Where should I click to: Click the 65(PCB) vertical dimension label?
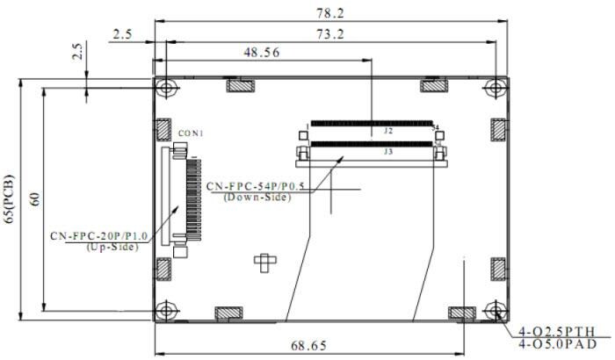click(10, 198)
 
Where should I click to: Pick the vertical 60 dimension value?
click(34, 198)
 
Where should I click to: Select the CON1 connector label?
click(191, 133)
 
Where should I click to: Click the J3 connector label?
click(387, 151)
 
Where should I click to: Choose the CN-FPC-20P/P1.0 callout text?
click(99, 236)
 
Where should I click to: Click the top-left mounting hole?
click(166, 88)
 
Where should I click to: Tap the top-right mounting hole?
click(496, 88)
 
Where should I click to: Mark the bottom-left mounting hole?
click(166, 310)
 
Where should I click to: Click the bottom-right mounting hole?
click(496, 310)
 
